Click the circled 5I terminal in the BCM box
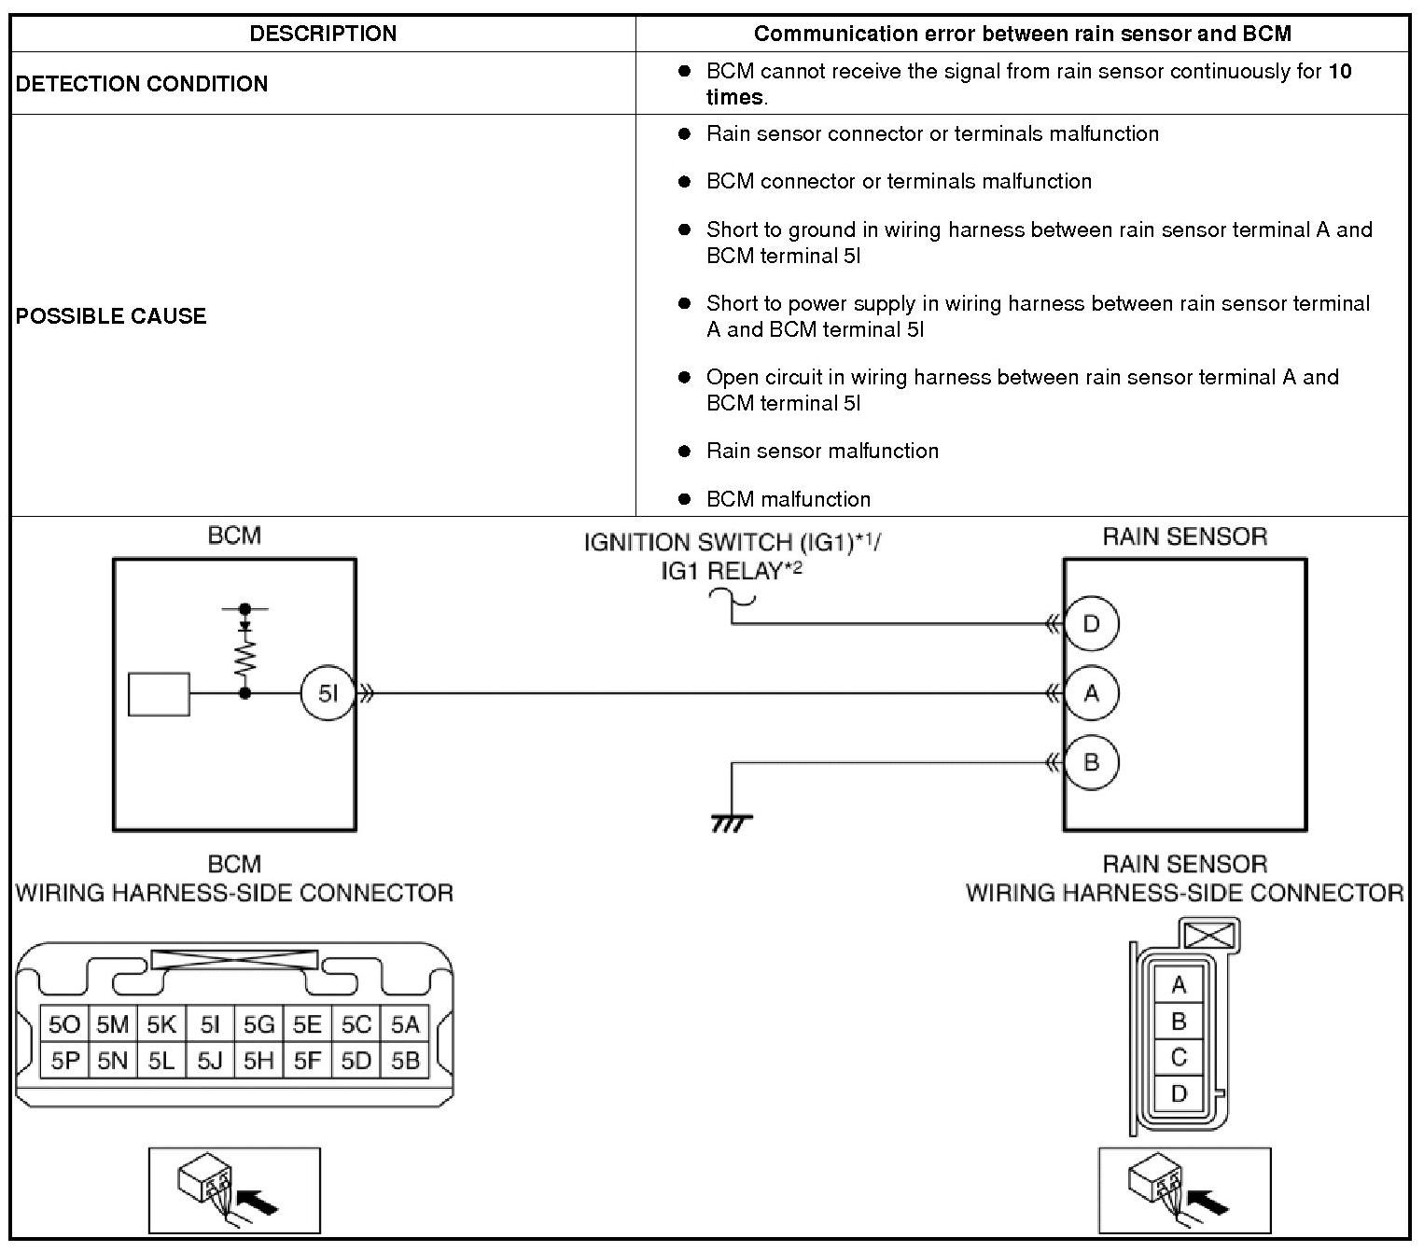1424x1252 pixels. tap(328, 694)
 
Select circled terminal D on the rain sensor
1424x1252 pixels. tap(1091, 623)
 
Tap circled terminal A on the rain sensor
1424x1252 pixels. tap(1091, 693)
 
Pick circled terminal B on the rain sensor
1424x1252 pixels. tap(1091, 762)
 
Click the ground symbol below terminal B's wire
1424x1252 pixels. tap(732, 822)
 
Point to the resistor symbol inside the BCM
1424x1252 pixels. tap(245, 657)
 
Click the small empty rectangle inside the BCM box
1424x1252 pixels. tap(159, 694)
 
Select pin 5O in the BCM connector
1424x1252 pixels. tap(64, 1025)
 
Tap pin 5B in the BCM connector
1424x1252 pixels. tap(405, 1061)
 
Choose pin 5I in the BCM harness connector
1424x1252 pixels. tap(210, 1025)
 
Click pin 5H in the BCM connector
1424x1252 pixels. tap(258, 1061)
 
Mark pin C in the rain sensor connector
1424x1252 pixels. tap(1179, 1057)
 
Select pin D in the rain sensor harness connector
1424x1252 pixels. tap(1179, 1092)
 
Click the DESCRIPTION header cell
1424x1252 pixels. tap(323, 34)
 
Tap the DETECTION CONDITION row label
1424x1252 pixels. tap(142, 84)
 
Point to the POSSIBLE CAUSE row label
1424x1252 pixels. tap(111, 315)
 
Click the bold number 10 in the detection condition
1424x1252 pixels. tap(1339, 72)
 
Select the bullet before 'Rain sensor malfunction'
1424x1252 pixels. tap(684, 452)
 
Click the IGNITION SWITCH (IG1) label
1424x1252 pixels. tap(732, 543)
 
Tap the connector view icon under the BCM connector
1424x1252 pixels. tap(234, 1190)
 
